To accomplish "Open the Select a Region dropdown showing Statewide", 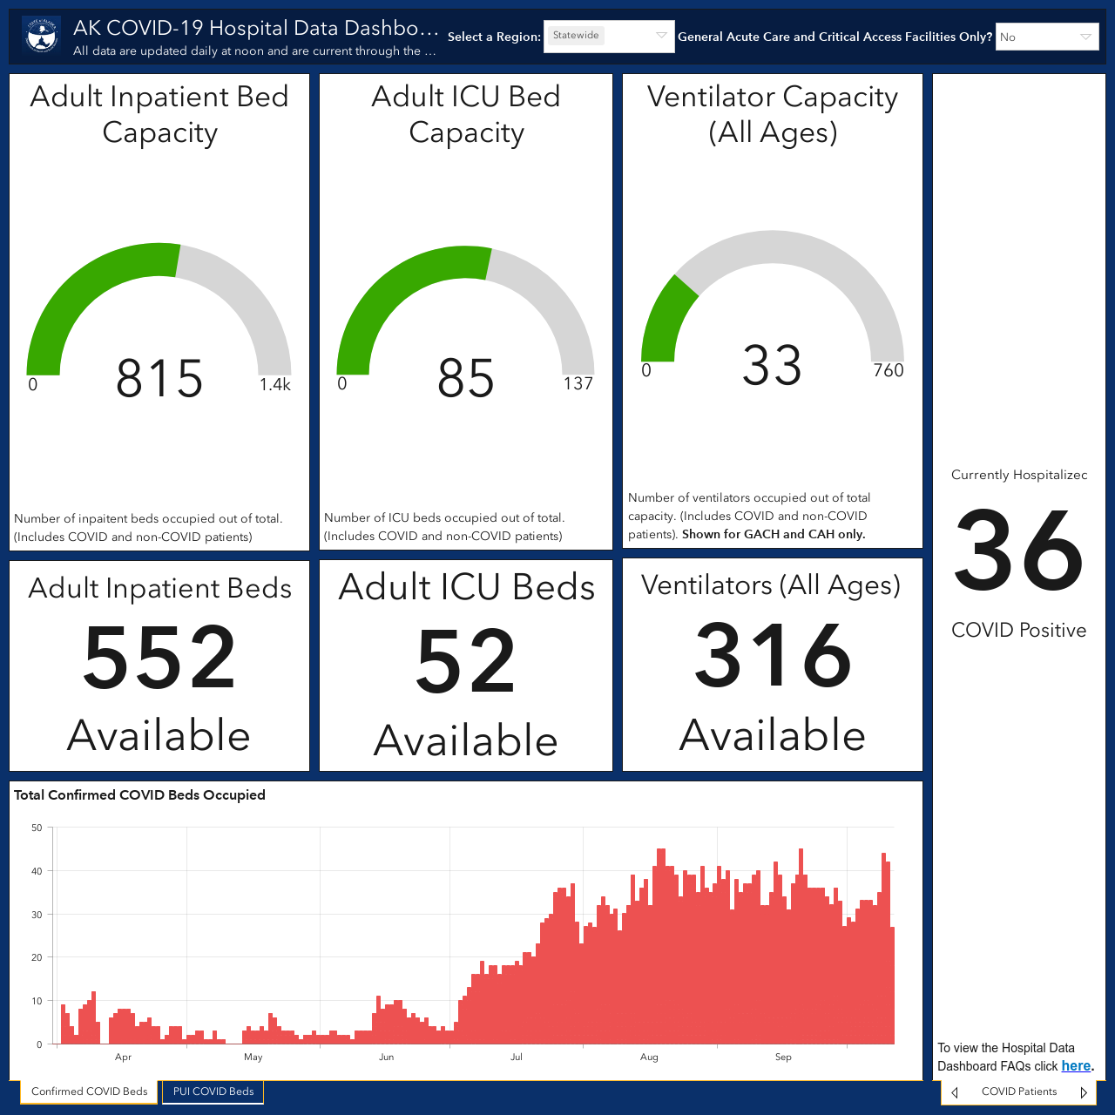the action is pyautogui.click(x=609, y=36).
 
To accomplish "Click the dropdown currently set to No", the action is pyautogui.click(x=1047, y=37).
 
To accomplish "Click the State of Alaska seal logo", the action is pyautogui.click(x=41, y=36).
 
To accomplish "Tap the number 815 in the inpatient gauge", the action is pyautogui.click(x=159, y=378).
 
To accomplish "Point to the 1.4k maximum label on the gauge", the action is pyautogui.click(x=275, y=384).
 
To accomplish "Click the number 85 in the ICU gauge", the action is pyautogui.click(x=466, y=378).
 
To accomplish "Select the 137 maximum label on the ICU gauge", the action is pyautogui.click(x=578, y=383).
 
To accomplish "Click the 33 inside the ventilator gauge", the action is pyautogui.click(x=772, y=365).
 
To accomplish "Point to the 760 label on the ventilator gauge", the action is pyautogui.click(x=889, y=369).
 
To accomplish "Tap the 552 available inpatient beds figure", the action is pyautogui.click(x=159, y=658).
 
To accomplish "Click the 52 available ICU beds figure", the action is pyautogui.click(x=465, y=661).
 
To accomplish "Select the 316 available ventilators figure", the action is pyautogui.click(x=773, y=654).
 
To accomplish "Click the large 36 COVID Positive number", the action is pyautogui.click(x=1018, y=550).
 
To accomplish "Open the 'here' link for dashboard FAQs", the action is pyautogui.click(x=1076, y=1066).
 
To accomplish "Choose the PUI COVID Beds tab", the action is pyautogui.click(x=213, y=1091).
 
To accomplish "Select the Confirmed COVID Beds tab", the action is pyautogui.click(x=89, y=1091).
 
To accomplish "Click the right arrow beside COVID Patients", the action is pyautogui.click(x=1084, y=1092).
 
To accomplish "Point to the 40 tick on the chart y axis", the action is pyautogui.click(x=37, y=871).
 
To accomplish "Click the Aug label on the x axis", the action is pyautogui.click(x=649, y=1058).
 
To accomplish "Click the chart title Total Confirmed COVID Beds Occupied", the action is pyautogui.click(x=139, y=795).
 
